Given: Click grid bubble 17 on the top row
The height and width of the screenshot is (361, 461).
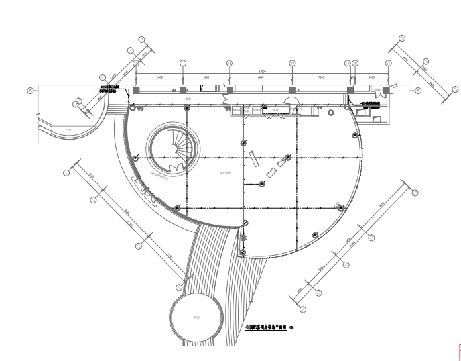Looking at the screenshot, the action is [x=183, y=63].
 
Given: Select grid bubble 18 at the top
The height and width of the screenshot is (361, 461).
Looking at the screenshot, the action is [x=230, y=63].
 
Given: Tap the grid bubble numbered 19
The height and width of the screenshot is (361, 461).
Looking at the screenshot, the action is [x=292, y=63].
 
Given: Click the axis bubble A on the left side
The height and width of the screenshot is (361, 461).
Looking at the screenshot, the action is [x=30, y=90].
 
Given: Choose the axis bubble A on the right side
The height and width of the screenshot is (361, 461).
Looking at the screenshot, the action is [x=418, y=91].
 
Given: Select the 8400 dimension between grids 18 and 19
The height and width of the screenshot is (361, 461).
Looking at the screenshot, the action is [x=261, y=77].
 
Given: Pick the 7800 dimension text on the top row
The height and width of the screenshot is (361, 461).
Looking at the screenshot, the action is [x=321, y=77].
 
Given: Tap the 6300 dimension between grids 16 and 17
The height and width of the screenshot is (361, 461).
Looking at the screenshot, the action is [x=159, y=77].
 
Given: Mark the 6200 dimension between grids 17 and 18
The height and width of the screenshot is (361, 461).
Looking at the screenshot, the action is [x=206, y=77].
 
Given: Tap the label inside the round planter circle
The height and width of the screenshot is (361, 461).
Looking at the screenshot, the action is [x=197, y=318].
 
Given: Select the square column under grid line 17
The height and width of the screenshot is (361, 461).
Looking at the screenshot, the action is [x=183, y=90].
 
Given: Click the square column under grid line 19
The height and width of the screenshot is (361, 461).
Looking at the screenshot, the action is [x=292, y=90].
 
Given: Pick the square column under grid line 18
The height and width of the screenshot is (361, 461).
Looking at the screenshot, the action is [x=230, y=90].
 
